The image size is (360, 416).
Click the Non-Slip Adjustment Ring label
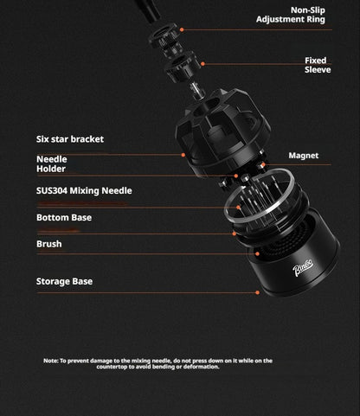(x=291, y=15)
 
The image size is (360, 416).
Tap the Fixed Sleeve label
(x=318, y=65)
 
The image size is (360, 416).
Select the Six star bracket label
(x=70, y=139)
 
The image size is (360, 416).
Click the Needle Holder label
(x=52, y=164)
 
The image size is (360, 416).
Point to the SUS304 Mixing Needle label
(x=84, y=190)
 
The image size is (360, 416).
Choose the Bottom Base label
(x=64, y=217)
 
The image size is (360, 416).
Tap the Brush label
(x=49, y=244)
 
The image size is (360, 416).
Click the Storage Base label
(x=64, y=281)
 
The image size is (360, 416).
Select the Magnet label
(x=304, y=156)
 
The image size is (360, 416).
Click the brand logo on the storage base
(x=303, y=269)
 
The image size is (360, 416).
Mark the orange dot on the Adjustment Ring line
(x=182, y=29)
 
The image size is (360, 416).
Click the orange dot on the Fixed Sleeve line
(x=202, y=64)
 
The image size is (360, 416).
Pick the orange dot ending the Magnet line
(x=263, y=165)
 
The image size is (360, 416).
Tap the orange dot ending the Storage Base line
(x=257, y=292)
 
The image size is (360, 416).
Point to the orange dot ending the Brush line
(x=257, y=254)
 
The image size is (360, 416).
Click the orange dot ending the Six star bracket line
(x=183, y=155)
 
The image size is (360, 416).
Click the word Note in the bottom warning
(x=51, y=361)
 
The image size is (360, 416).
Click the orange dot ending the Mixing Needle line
(x=238, y=208)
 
